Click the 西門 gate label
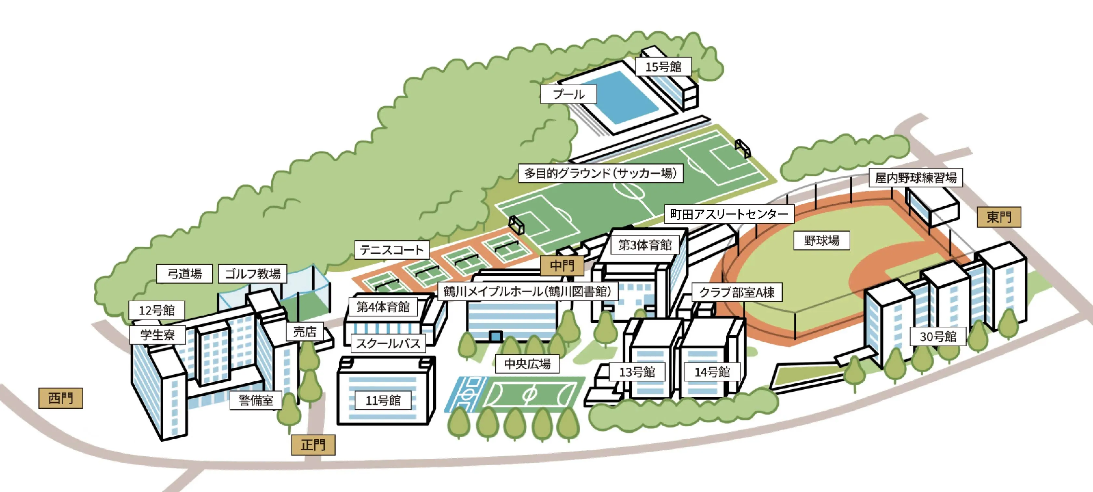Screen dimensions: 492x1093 (61, 398)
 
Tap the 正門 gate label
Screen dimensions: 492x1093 (313, 445)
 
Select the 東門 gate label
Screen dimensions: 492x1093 (999, 217)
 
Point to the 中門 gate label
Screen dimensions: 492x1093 (562, 266)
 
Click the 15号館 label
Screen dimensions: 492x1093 (663, 67)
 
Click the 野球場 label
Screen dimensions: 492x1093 (821, 241)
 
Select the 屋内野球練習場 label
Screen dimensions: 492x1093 (916, 178)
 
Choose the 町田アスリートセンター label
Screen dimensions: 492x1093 (729, 214)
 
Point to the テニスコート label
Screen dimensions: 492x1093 (392, 250)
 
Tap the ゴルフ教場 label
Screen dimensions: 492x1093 (252, 274)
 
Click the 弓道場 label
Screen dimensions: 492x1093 (184, 274)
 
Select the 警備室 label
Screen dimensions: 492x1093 (256, 400)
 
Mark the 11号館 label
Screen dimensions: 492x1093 (383, 400)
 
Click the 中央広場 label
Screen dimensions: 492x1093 (527, 364)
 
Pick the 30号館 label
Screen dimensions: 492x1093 (938, 337)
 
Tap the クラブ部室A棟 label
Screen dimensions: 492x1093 (736, 293)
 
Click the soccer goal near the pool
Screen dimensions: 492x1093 (743, 148)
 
